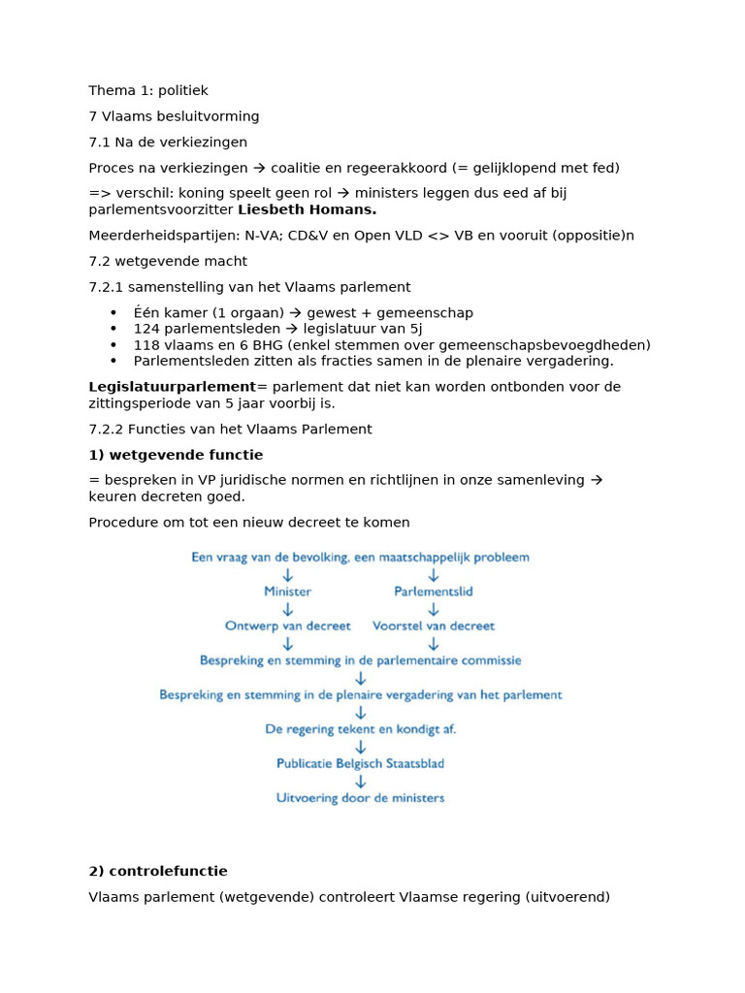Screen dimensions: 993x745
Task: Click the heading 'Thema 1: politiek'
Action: (x=147, y=91)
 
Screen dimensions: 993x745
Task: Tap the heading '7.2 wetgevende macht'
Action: (x=168, y=261)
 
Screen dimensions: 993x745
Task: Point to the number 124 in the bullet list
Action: (x=146, y=329)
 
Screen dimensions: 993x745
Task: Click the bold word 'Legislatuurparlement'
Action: (x=172, y=387)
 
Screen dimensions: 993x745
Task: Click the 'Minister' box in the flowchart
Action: (x=288, y=592)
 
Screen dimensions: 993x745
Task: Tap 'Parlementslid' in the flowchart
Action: (x=434, y=592)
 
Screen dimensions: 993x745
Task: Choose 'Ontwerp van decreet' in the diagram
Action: (x=288, y=626)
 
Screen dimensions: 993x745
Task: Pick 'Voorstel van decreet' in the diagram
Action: (x=434, y=626)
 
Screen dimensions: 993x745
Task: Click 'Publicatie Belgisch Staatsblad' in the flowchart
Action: (x=361, y=764)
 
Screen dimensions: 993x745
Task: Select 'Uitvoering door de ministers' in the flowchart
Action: (x=361, y=798)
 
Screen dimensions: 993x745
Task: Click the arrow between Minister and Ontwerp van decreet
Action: (x=288, y=609)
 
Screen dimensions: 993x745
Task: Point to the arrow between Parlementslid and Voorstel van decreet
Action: (x=434, y=609)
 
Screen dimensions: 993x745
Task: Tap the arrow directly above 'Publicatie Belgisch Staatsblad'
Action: (x=361, y=747)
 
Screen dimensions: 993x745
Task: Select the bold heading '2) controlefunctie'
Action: (x=158, y=872)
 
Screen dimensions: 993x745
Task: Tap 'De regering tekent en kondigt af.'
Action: (x=361, y=729)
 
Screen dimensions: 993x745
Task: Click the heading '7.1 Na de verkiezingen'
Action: (x=168, y=143)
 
